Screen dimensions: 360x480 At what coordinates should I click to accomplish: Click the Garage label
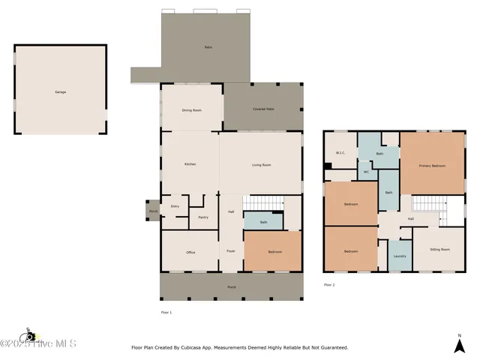point(60,91)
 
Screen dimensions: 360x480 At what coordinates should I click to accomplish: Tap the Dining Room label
point(192,110)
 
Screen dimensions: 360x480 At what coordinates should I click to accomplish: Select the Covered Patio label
point(265,109)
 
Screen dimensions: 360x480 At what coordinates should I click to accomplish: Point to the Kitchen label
point(190,164)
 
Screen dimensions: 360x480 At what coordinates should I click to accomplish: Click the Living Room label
point(261,164)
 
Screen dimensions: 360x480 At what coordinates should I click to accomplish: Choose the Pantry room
point(202,217)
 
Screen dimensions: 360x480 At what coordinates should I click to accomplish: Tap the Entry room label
point(175,206)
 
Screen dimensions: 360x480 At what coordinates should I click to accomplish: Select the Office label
point(190,253)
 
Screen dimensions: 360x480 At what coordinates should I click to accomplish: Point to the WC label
point(366,172)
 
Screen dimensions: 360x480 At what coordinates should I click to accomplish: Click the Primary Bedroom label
point(432,166)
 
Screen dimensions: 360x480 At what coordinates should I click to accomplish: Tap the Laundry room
point(400,256)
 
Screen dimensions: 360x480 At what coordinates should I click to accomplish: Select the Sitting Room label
point(439,249)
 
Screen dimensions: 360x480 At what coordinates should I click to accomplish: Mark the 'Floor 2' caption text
point(329,285)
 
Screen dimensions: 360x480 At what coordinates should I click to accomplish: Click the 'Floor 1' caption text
point(166,311)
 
